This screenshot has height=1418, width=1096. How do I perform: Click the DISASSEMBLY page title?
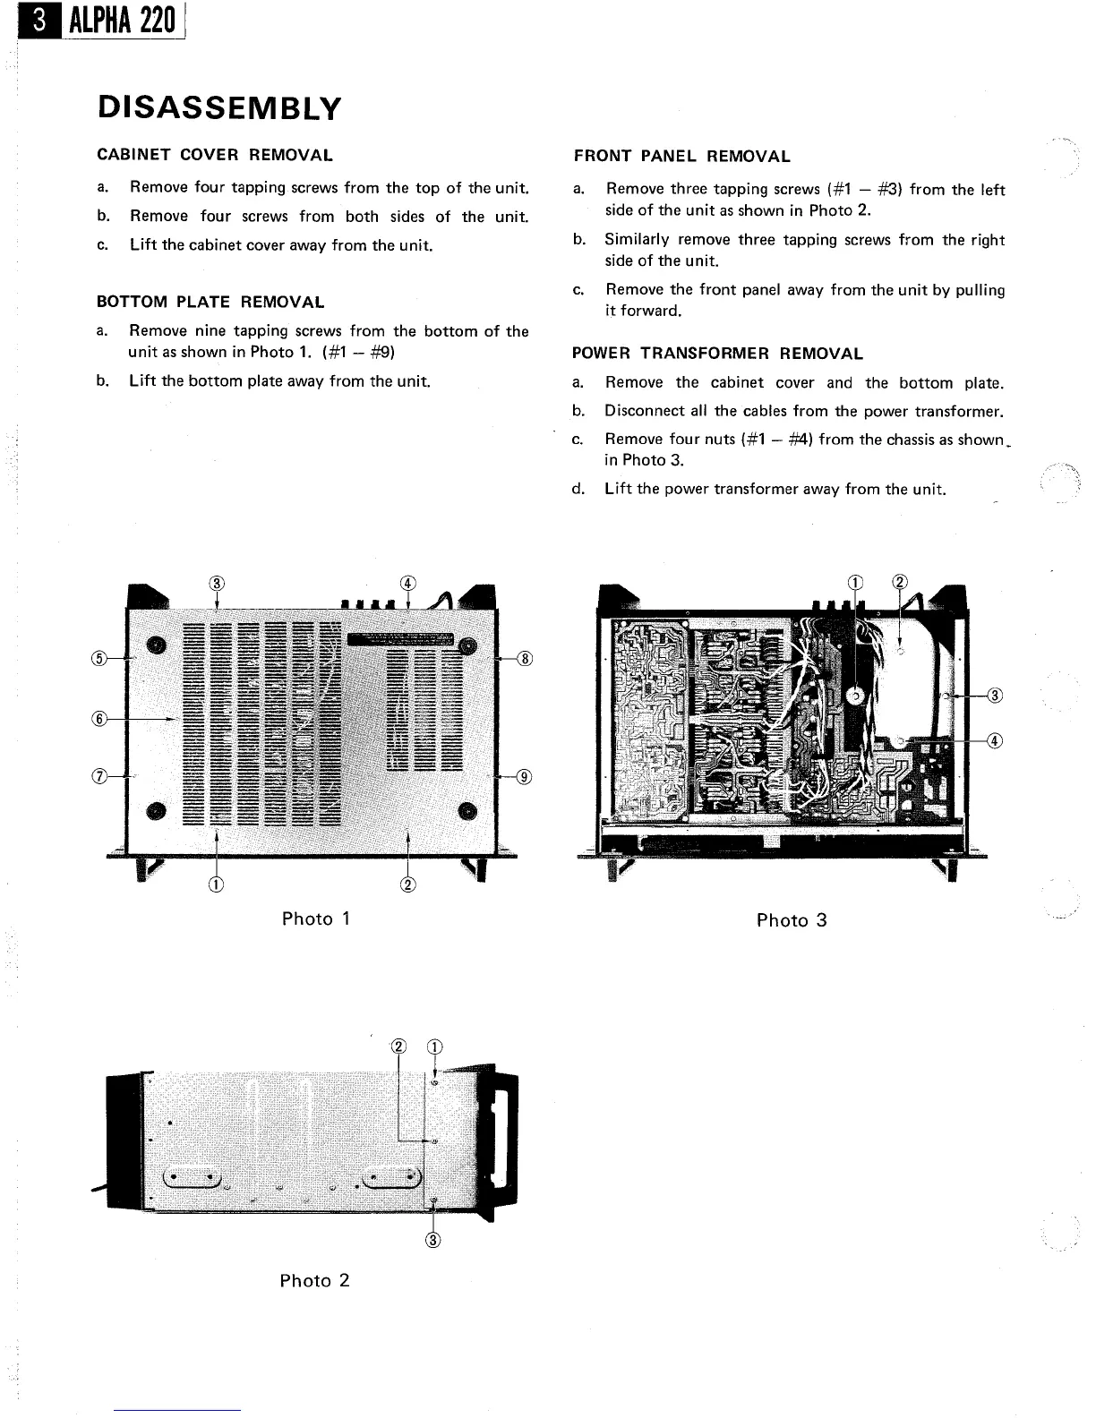(x=219, y=108)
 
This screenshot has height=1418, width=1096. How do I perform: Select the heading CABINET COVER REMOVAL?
(x=215, y=155)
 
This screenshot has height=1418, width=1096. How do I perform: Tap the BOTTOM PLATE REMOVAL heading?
(x=210, y=303)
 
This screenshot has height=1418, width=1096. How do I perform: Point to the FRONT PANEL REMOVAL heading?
(x=681, y=157)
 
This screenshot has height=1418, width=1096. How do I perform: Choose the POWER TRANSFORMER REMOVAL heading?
(x=717, y=354)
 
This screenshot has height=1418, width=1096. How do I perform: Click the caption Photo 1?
(x=315, y=918)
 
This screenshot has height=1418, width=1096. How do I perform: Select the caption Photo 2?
(x=314, y=1280)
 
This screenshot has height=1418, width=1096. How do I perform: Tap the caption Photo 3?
(x=792, y=920)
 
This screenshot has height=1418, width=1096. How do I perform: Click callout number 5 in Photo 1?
(x=101, y=659)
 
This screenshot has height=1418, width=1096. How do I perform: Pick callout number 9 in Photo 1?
(x=525, y=776)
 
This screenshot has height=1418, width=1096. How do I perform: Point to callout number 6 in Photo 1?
(x=101, y=718)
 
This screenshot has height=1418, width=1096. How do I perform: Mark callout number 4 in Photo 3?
(x=995, y=740)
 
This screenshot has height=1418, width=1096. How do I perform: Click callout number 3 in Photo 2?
(x=434, y=1240)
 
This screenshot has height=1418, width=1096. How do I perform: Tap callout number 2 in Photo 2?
(x=399, y=1047)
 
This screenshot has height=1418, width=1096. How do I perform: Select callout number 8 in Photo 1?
(x=526, y=659)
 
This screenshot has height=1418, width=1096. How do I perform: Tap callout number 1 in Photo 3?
(x=855, y=582)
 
